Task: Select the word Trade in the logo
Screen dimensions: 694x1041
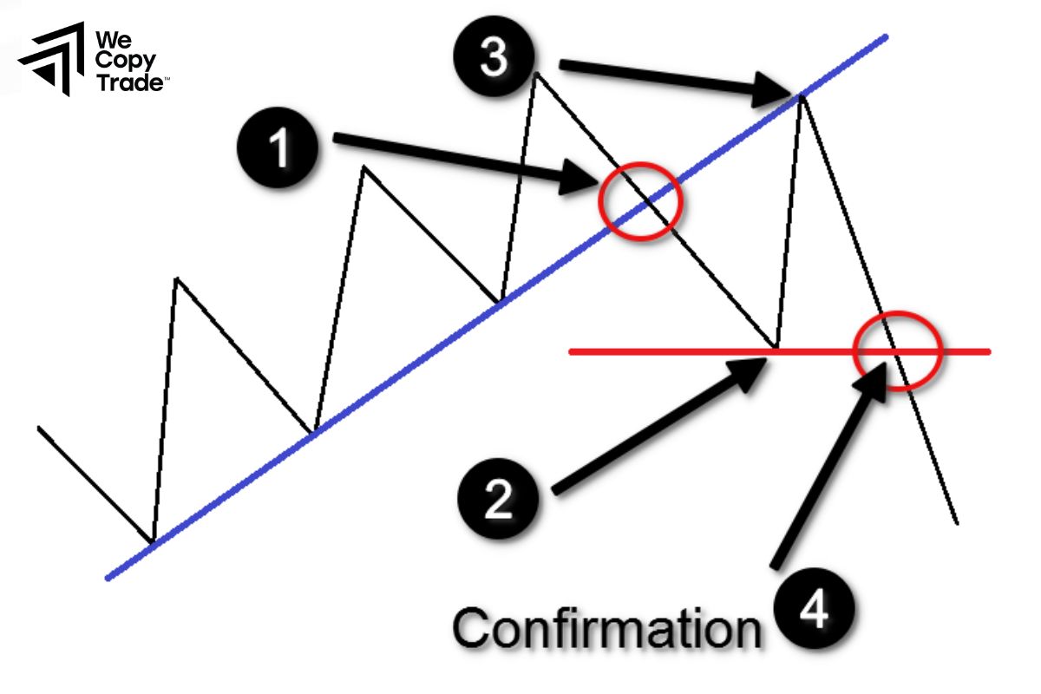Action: click(x=130, y=83)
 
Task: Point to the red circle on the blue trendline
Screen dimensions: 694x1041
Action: click(x=642, y=201)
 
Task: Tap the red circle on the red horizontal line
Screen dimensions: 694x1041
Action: click(x=897, y=350)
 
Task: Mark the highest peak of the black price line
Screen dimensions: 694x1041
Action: click(x=537, y=73)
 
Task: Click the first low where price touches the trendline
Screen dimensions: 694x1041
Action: click(x=153, y=542)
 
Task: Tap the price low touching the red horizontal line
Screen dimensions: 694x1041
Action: click(x=775, y=349)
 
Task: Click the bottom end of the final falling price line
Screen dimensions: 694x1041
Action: click(x=957, y=523)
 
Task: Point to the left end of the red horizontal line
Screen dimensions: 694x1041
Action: click(x=571, y=351)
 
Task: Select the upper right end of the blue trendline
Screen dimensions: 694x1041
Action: click(x=886, y=36)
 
